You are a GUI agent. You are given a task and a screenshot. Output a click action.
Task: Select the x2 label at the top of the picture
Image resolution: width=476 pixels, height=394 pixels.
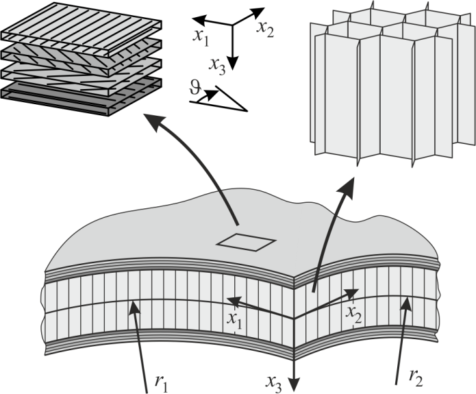pos(266,28)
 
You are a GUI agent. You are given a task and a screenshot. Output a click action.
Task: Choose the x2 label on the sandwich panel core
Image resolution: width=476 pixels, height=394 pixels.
pos(353,314)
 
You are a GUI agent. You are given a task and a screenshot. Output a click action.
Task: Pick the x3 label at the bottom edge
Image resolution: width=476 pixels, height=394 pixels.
pos(275,382)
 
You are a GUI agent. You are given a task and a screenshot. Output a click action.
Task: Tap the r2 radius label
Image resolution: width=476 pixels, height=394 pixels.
pos(415,376)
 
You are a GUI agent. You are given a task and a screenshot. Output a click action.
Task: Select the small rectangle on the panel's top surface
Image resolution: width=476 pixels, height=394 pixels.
pos(246,242)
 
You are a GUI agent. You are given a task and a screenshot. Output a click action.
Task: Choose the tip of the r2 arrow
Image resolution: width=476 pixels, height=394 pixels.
pos(409,300)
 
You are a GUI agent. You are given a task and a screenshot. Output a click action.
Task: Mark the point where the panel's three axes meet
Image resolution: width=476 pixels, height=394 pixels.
pos(295,318)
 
